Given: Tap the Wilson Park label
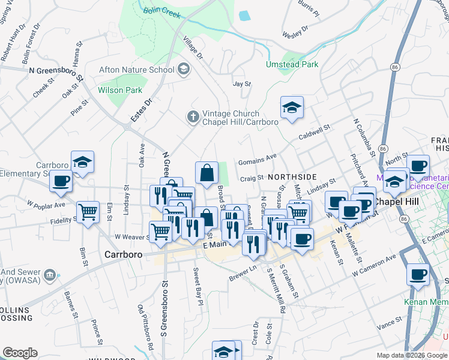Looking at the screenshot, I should (x=120, y=90).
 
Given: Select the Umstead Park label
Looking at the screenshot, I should (x=293, y=64).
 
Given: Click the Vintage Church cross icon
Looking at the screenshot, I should (x=193, y=116).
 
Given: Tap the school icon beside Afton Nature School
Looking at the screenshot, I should (x=184, y=70).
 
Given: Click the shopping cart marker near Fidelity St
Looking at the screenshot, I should (x=88, y=211).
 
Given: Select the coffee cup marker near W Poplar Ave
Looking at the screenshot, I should (x=61, y=180).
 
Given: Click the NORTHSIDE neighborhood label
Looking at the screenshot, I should (x=292, y=177).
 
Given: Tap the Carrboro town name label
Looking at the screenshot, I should (x=124, y=254).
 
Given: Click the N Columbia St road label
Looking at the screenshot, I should (x=364, y=136).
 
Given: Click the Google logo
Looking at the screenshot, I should (x=20, y=353).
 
